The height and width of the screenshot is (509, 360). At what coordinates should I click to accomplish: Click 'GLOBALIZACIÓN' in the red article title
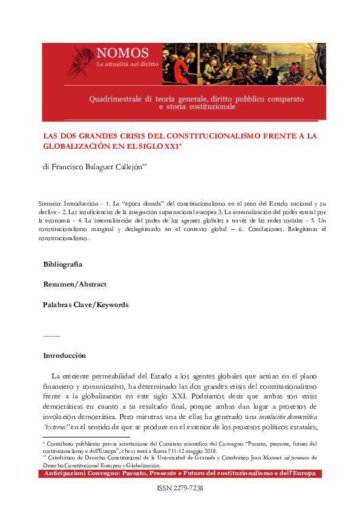coord(78,146)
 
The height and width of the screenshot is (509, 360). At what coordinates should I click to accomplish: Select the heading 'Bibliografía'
coord(63,264)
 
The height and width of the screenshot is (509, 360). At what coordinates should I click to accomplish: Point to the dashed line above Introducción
coord(51,336)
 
